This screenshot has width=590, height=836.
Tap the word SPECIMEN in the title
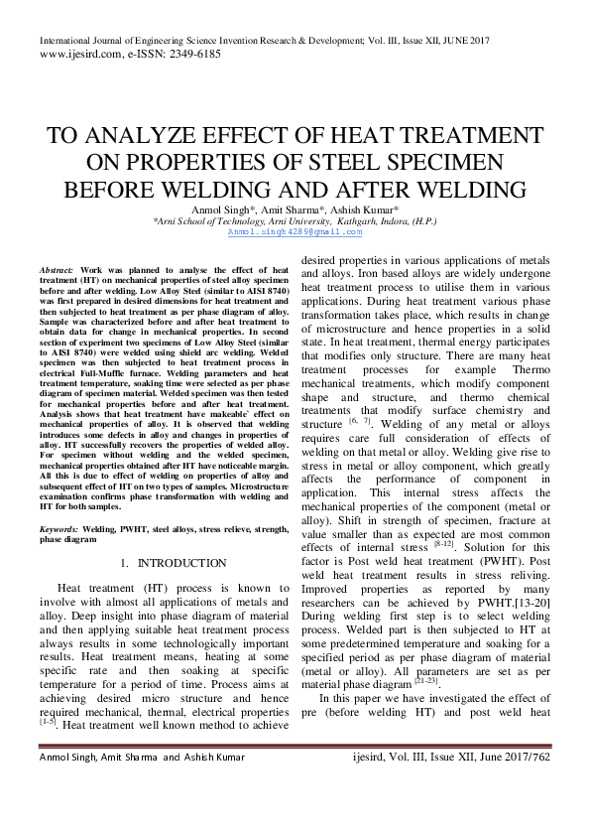[x=433, y=163]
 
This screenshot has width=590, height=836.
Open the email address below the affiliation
[x=295, y=231]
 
